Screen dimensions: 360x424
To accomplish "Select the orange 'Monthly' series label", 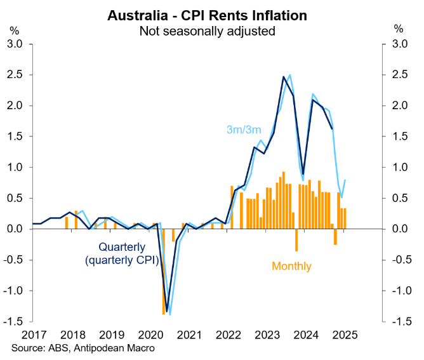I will [292, 266].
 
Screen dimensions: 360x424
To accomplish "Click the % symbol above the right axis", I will [399, 29].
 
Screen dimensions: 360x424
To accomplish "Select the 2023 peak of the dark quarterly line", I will [284, 77].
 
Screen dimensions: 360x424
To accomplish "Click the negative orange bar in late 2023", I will [296, 240].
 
